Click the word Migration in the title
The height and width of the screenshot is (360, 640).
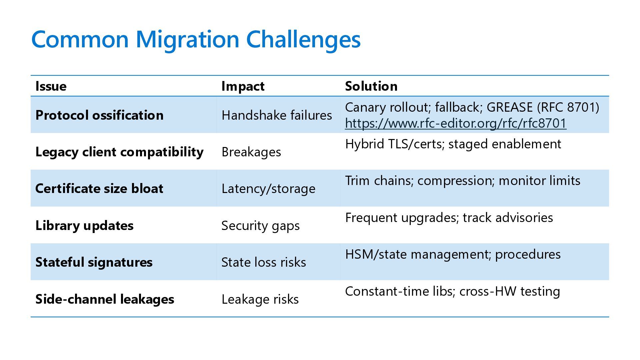(187, 39)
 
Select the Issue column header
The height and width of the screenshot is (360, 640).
(51, 86)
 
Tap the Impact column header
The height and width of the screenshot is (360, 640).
(243, 86)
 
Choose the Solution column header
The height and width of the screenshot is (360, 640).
(371, 86)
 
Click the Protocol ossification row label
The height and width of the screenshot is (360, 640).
(99, 115)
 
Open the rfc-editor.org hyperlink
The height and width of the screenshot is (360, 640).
(455, 123)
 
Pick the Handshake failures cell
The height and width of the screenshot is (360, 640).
(277, 115)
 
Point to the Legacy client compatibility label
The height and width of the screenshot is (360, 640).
(119, 152)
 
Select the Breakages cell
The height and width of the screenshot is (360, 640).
(251, 152)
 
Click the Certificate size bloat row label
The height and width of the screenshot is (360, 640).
(99, 189)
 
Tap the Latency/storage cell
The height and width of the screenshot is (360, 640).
(268, 189)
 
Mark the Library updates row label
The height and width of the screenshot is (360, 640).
(84, 226)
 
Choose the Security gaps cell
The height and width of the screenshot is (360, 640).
(260, 226)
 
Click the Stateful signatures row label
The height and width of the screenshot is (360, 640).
(94, 262)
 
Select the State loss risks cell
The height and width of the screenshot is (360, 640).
(263, 262)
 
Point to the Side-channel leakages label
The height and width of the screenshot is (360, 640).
(105, 299)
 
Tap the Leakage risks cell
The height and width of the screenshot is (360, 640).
(260, 299)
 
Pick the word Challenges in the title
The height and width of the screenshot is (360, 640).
(303, 39)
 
